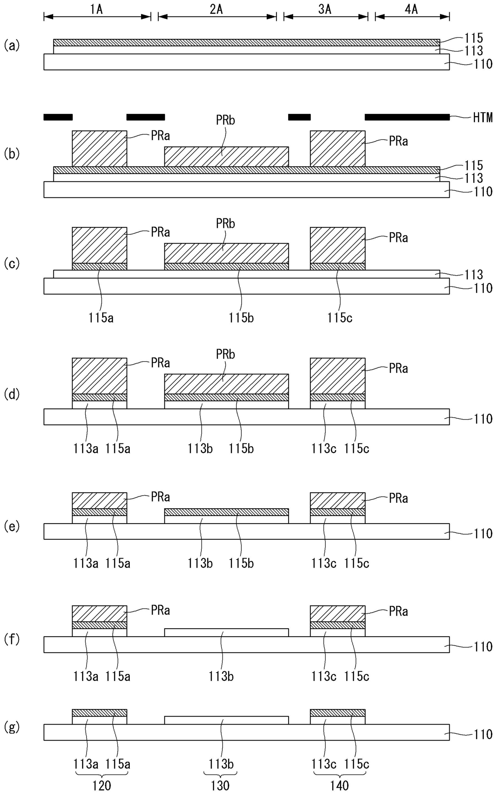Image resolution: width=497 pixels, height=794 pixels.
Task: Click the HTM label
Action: (x=483, y=118)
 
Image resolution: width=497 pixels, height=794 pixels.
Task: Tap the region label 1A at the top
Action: (x=97, y=9)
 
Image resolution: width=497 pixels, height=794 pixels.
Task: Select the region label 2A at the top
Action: (x=216, y=9)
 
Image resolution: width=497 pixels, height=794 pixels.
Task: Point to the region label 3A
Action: (x=325, y=9)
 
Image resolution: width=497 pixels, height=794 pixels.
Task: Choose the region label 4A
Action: (x=412, y=9)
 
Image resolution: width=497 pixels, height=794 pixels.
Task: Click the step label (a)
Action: (x=12, y=45)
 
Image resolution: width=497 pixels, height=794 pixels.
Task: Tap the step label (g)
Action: (x=12, y=727)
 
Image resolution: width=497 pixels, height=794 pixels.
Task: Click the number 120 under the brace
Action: (x=101, y=785)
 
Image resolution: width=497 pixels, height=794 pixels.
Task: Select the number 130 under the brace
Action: (x=220, y=785)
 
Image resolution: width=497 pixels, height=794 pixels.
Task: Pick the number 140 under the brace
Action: (x=339, y=785)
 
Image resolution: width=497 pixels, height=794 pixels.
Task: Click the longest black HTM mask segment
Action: (x=407, y=117)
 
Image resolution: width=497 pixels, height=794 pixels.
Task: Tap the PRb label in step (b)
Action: (x=225, y=120)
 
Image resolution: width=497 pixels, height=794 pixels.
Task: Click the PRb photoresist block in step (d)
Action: (x=226, y=384)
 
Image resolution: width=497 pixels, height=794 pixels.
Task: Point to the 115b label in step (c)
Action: (x=241, y=318)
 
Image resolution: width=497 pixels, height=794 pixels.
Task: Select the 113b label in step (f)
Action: (x=221, y=676)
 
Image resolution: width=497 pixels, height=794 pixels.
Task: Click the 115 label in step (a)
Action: (x=474, y=38)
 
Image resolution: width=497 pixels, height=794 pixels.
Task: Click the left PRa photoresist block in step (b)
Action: (x=99, y=148)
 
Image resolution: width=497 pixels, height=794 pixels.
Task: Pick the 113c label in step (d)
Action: (x=323, y=449)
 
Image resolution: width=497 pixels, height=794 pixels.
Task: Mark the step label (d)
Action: (x=12, y=394)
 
